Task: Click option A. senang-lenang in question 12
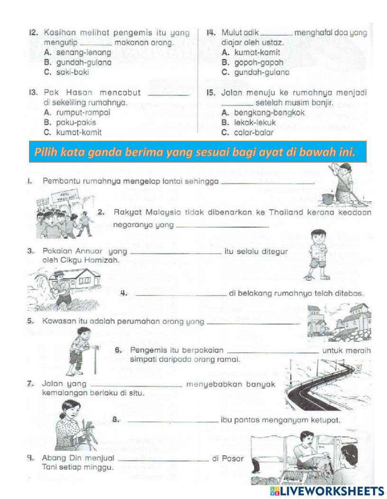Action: pos(77,52)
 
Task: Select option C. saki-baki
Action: pos(72,72)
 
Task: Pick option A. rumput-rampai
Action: pos(77,112)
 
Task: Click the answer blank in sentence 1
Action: pos(267,182)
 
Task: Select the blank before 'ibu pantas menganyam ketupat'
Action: pos(172,420)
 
